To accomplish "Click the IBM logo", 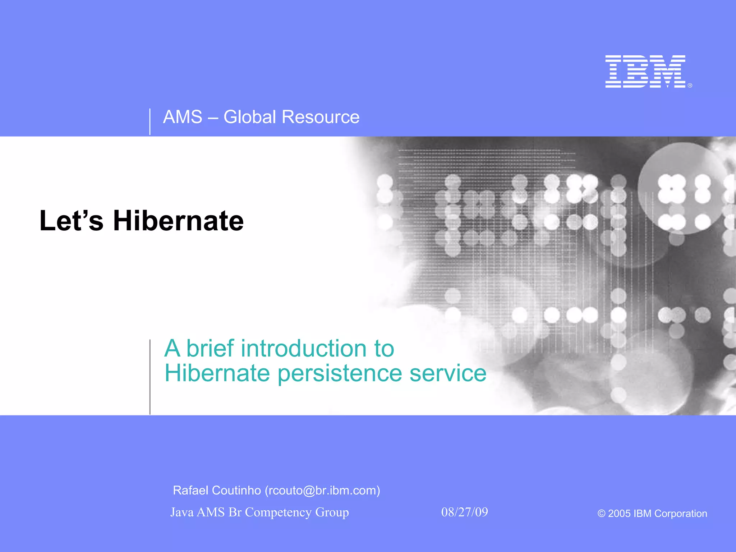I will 645,72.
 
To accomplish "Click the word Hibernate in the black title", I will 178,221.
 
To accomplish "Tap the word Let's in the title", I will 71,221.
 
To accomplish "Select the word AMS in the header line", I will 183,117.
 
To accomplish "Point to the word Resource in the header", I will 320,117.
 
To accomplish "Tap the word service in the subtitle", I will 448,373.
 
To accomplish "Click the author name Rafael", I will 191,491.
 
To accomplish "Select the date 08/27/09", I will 464,512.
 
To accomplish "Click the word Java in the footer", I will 182,512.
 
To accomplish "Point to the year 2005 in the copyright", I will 619,514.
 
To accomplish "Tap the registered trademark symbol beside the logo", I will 690,86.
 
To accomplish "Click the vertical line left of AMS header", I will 150,121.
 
